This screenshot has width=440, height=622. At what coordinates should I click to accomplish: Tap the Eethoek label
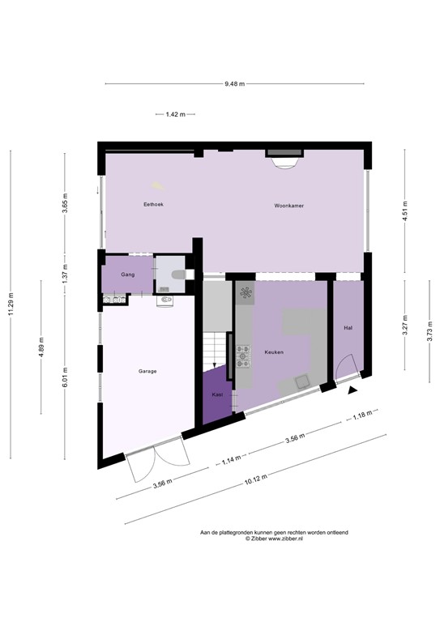click(x=153, y=205)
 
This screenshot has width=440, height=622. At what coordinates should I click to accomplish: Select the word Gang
click(x=127, y=275)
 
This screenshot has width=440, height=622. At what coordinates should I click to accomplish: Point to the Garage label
click(x=147, y=371)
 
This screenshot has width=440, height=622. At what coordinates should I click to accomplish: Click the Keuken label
click(x=274, y=352)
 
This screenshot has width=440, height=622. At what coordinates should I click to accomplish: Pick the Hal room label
click(x=348, y=328)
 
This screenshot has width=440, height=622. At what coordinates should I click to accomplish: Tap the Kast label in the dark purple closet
click(x=217, y=394)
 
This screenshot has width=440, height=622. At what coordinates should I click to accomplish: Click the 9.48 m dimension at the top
click(x=234, y=83)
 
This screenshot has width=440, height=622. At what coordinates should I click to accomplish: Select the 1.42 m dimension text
click(x=175, y=114)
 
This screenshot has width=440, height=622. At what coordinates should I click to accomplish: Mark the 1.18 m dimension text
click(x=361, y=417)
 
